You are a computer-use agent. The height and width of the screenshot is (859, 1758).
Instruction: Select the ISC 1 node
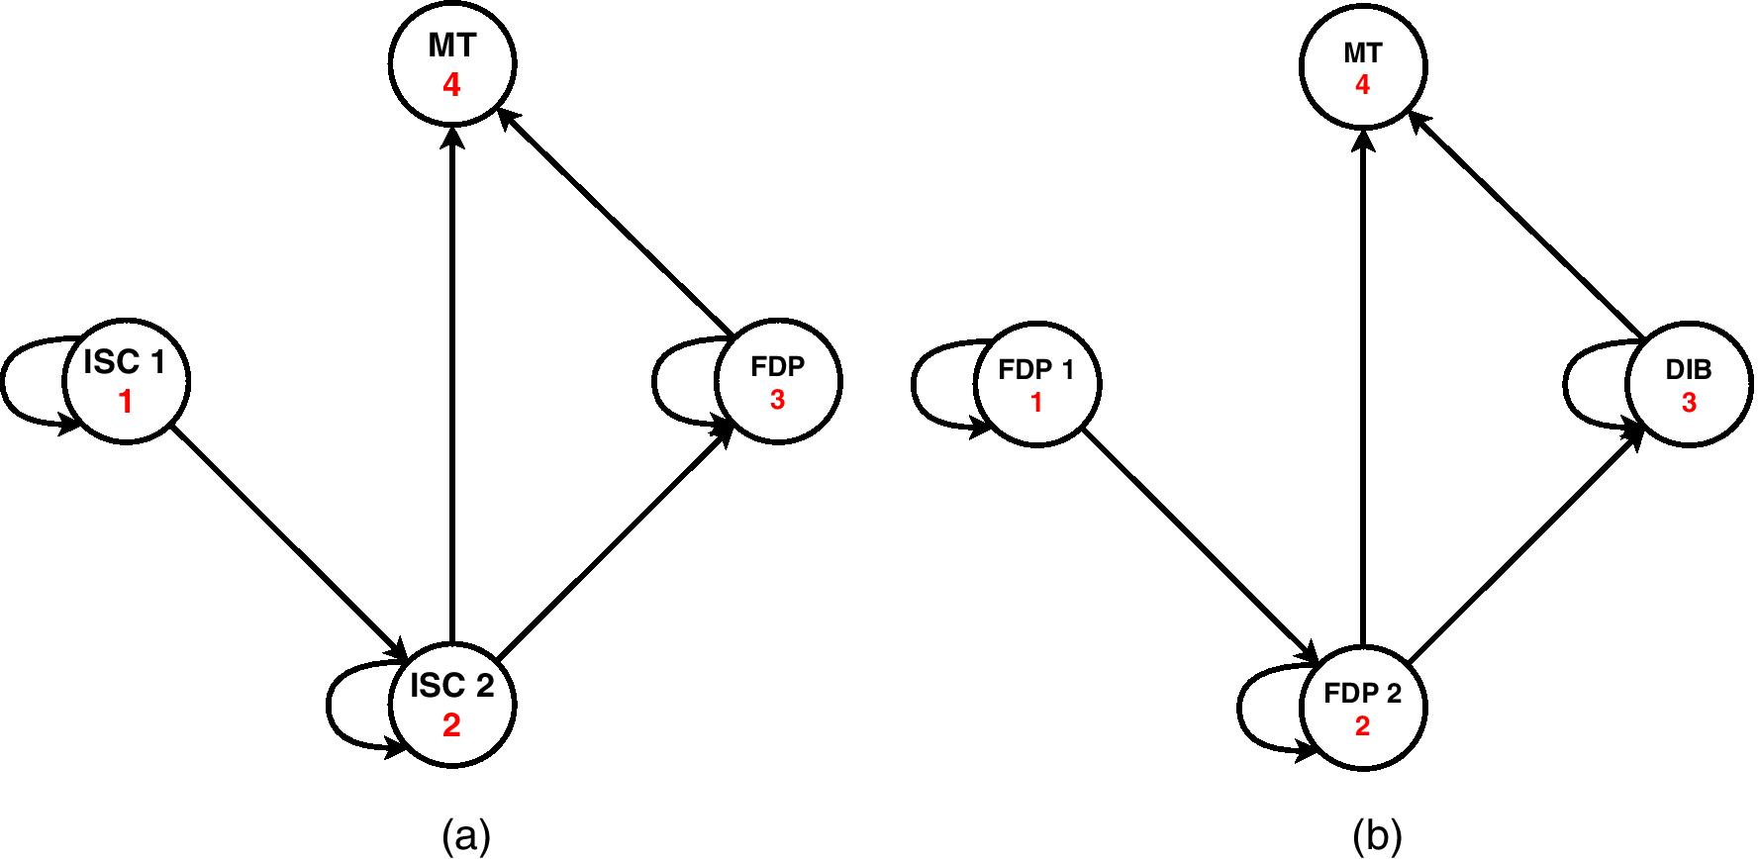[x=126, y=381]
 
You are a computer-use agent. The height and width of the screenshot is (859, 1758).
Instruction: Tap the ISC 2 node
[x=452, y=705]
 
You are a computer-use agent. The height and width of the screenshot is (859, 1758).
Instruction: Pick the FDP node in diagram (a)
[x=777, y=381]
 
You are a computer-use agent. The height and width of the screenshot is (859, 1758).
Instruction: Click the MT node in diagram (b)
[x=1363, y=67]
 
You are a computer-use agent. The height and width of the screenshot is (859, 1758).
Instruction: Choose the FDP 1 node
[x=1036, y=384]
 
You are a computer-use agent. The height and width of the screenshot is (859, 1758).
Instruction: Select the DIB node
[x=1689, y=384]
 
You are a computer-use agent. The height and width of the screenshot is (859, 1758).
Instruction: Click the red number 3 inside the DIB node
[x=1689, y=404]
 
